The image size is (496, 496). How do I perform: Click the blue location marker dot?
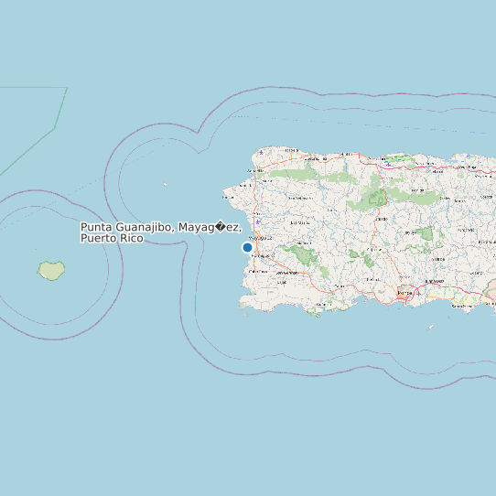click(247, 247)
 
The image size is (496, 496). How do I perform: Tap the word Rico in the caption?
click(130, 238)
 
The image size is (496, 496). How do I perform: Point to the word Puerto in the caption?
click(97, 238)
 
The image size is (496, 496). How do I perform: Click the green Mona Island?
click(51, 270)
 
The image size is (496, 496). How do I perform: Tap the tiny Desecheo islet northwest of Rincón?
click(166, 184)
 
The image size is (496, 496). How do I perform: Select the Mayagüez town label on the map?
click(260, 237)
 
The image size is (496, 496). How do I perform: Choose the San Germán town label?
click(283, 271)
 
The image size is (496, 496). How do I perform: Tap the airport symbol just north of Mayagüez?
click(259, 221)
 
